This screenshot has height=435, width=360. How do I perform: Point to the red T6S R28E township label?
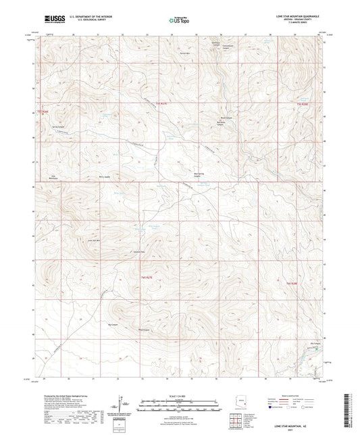pyautogui.click(x=292, y=283)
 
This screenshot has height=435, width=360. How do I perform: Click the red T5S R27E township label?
pyautogui.click(x=160, y=103)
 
